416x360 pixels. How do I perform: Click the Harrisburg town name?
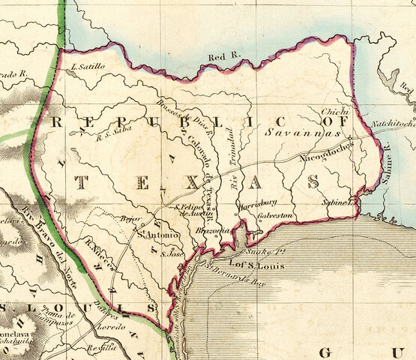pos(258,202)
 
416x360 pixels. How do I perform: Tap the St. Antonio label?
pos(157,236)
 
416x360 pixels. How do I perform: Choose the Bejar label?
pos(132,220)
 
